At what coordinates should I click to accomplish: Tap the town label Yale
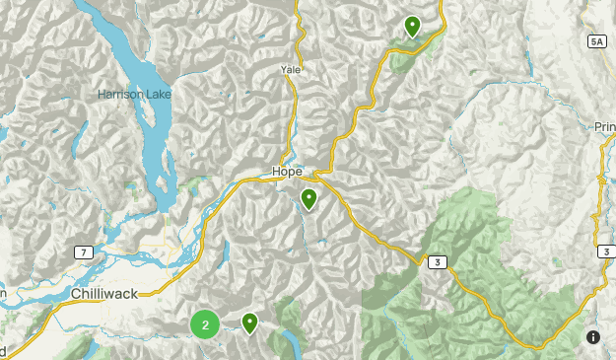[291, 70]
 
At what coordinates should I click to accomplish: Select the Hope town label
[287, 172]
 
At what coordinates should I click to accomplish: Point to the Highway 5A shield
[596, 41]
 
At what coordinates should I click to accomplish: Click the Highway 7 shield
[85, 253]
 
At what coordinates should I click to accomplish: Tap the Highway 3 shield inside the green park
[435, 261]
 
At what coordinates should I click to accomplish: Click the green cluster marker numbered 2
[205, 324]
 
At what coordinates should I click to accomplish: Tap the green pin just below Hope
[309, 200]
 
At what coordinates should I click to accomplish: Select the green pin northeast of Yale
[412, 27]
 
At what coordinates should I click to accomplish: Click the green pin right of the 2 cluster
[249, 323]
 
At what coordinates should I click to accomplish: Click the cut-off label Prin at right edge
[604, 126]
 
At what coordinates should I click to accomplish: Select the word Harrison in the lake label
[118, 95]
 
